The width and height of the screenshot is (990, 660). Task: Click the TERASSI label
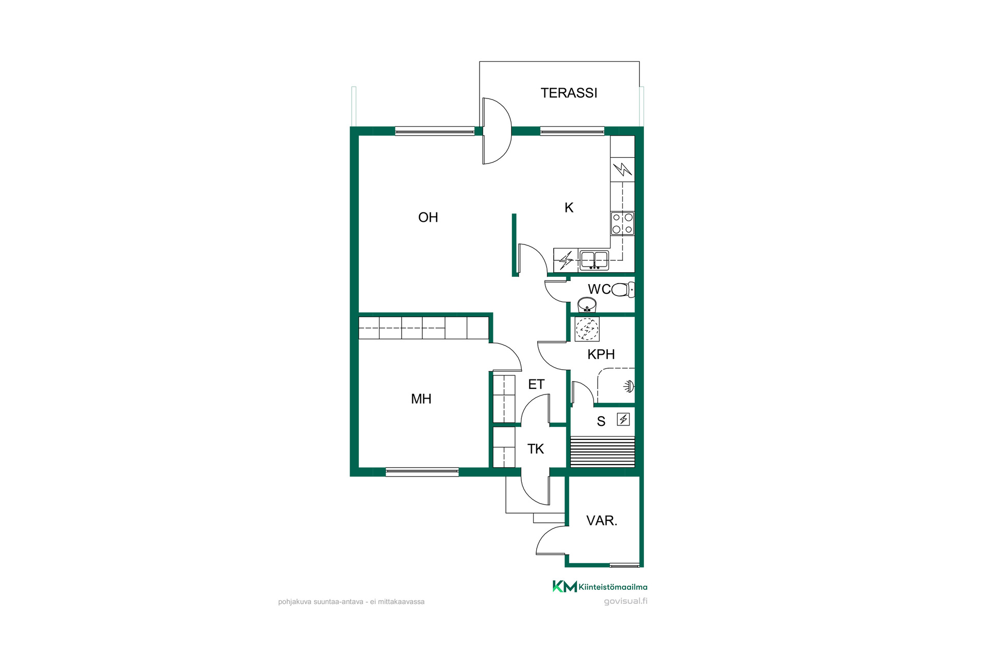point(569,93)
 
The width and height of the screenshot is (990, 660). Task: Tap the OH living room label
point(428,218)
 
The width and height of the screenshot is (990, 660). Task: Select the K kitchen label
point(569,207)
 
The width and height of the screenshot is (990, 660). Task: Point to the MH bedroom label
point(421,399)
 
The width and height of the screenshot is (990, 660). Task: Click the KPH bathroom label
point(601,354)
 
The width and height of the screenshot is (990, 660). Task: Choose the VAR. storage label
point(602,521)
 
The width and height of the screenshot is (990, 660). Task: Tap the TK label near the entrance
point(536,449)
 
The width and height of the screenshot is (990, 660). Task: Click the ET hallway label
point(536,384)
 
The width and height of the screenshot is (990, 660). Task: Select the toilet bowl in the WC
point(623,290)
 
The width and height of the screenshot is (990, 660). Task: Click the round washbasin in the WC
point(587,305)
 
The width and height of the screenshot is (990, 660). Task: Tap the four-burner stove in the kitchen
point(622,224)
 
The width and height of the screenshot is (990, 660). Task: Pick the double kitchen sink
point(594,260)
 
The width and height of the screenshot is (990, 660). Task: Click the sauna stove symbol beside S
point(623,419)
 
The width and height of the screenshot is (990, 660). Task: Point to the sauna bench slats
point(602,452)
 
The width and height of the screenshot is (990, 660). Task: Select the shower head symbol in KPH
point(629,386)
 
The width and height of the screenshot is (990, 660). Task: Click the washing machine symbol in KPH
point(587,329)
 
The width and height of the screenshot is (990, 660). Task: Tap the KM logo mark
point(565,586)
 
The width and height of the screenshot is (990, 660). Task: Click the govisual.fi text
point(625,601)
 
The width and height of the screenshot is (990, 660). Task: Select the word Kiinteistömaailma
point(613,587)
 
